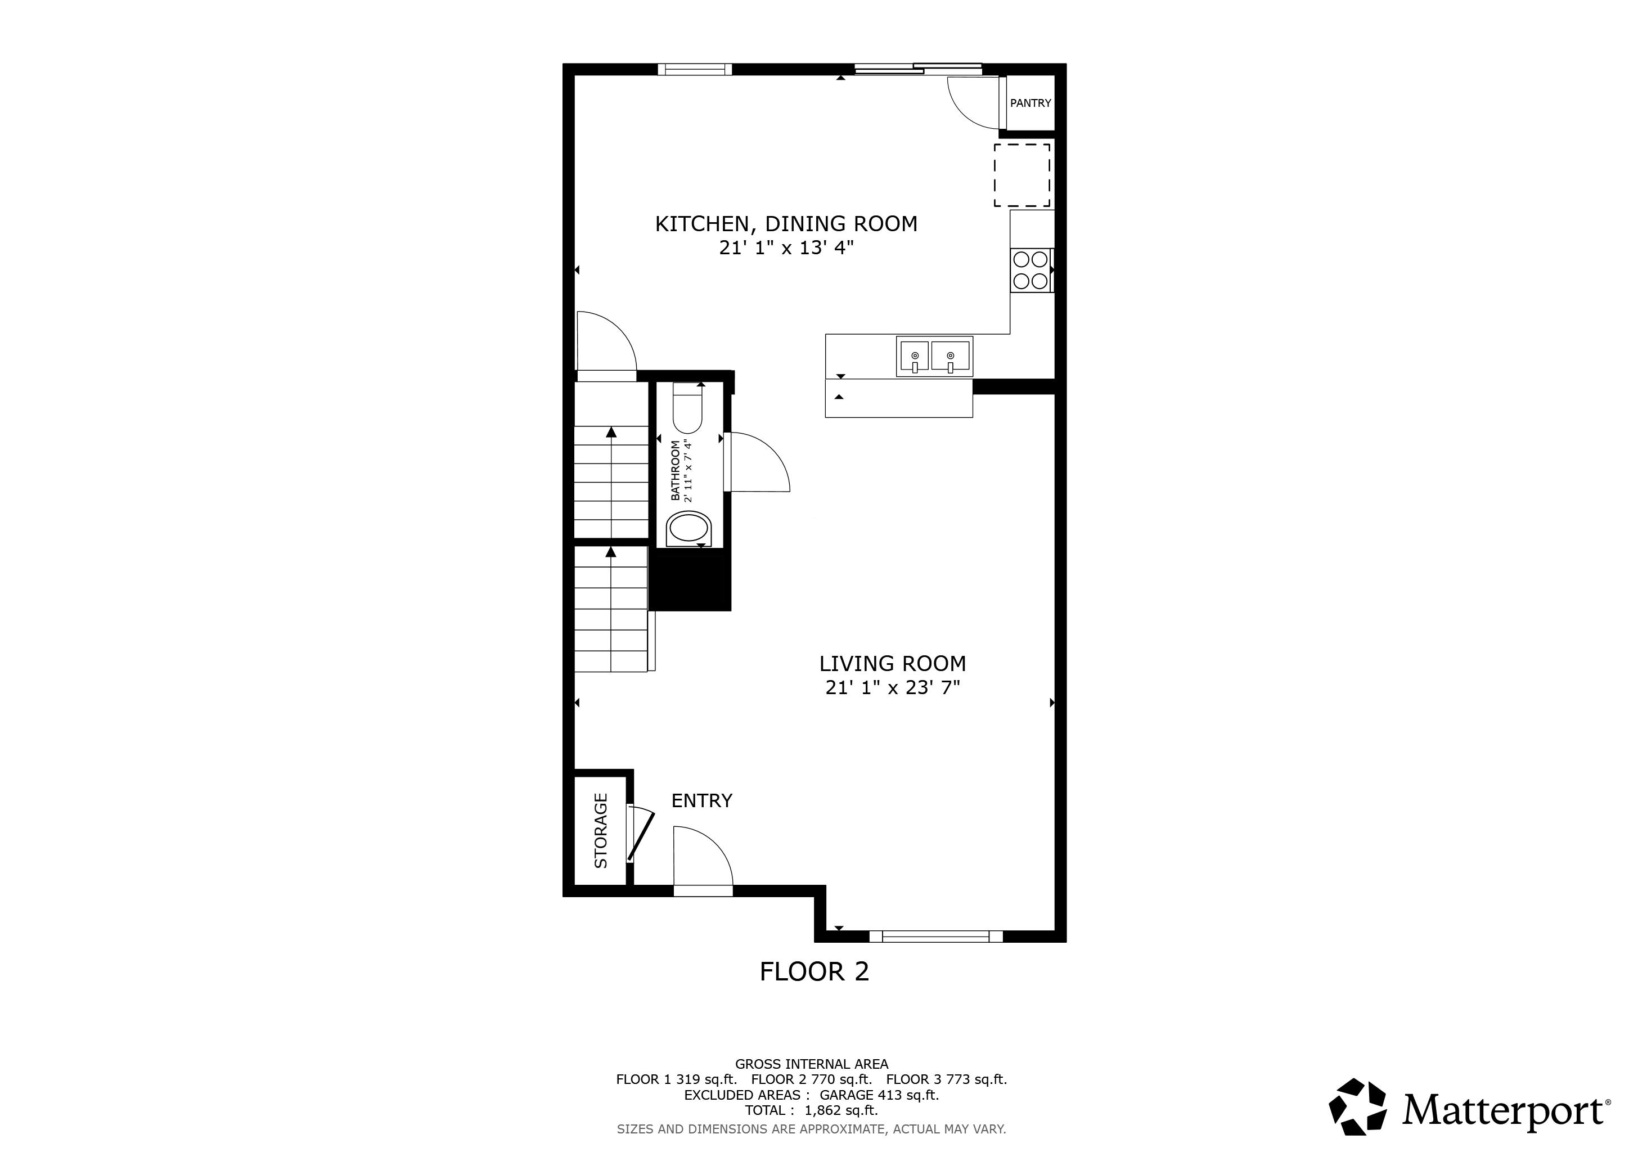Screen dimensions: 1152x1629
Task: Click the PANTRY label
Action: pyautogui.click(x=1030, y=103)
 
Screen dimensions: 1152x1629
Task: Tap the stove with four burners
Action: pyautogui.click(x=1031, y=270)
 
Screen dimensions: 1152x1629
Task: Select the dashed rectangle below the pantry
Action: pyautogui.click(x=1021, y=175)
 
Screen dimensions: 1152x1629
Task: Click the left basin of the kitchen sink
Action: pyautogui.click(x=915, y=355)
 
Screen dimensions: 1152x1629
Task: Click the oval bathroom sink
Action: pyautogui.click(x=688, y=529)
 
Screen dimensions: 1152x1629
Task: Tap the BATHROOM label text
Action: pyautogui.click(x=676, y=470)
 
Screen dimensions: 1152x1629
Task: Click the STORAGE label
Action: pyautogui.click(x=601, y=831)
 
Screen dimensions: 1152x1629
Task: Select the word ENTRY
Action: pyautogui.click(x=701, y=801)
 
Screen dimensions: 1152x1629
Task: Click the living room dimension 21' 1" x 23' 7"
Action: pyautogui.click(x=893, y=687)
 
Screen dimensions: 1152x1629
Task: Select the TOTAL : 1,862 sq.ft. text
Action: pyautogui.click(x=811, y=1110)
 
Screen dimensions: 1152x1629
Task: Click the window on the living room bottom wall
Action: pyautogui.click(x=936, y=937)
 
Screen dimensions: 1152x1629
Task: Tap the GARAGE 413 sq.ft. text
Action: pyautogui.click(x=879, y=1095)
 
